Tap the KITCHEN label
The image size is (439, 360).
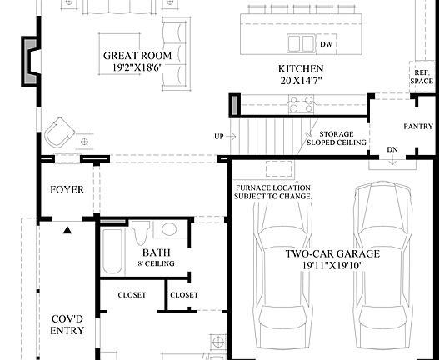coord(301,68)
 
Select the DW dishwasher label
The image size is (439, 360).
coord(327,43)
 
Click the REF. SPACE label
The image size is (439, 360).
coord(422,77)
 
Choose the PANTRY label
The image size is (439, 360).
coord(417,127)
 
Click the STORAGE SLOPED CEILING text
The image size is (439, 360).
coord(336,137)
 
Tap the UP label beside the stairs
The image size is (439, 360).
coord(219,137)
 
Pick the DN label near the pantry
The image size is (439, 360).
coord(392,151)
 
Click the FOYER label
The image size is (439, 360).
coord(67,190)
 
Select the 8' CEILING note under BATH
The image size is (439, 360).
coord(156,264)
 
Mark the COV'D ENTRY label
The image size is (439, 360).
coord(67,323)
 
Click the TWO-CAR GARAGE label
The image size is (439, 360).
coord(333,254)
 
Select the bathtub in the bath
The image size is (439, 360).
coord(112,250)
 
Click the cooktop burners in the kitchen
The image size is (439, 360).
coord(300,105)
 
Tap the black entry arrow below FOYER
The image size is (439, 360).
coord(67,227)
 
